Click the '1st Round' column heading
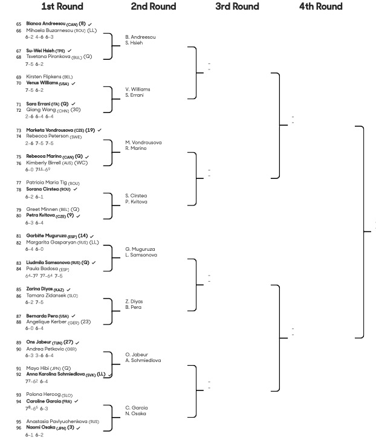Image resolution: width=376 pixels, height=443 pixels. [62, 6]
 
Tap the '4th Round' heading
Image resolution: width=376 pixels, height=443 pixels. [320, 6]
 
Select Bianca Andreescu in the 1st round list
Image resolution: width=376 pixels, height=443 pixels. [46, 24]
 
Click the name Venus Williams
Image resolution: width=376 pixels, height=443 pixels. [42, 83]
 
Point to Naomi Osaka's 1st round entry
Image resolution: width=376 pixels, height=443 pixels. [41, 427]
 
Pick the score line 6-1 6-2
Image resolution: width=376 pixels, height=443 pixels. [34, 435]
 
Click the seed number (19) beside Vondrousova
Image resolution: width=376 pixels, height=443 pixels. [90, 131]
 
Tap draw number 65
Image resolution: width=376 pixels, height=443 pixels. [19, 24]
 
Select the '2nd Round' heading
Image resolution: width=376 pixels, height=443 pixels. [154, 6]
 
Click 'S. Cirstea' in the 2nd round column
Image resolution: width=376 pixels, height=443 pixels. [136, 195]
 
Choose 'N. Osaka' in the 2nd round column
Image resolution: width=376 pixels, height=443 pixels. [135, 413]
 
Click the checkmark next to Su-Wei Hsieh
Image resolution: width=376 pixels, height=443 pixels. [70, 51]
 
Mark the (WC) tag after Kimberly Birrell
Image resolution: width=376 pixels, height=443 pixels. [81, 163]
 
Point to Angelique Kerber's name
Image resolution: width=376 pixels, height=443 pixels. [47, 322]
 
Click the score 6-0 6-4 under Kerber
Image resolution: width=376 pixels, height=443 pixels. [34, 328]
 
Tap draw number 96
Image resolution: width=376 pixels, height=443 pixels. [19, 428]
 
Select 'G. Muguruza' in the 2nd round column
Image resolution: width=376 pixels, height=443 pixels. [140, 249]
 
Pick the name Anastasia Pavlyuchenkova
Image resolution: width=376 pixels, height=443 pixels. [57, 421]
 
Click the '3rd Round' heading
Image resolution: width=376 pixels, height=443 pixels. [237, 6]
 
